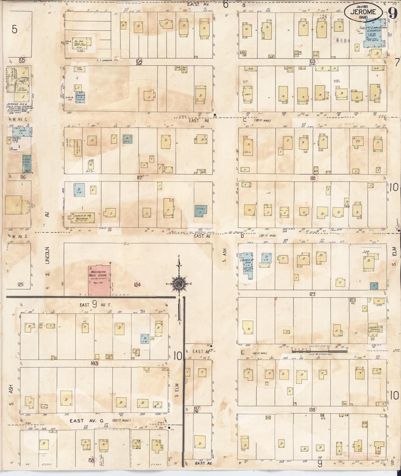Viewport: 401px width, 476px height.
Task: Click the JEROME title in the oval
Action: point(363,12)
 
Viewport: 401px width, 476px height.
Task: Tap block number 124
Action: point(137,284)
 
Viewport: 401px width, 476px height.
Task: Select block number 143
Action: point(94,363)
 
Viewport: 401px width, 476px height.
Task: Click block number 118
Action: point(313,178)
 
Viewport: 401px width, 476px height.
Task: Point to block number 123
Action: point(312,294)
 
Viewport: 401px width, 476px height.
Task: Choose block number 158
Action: point(92,460)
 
